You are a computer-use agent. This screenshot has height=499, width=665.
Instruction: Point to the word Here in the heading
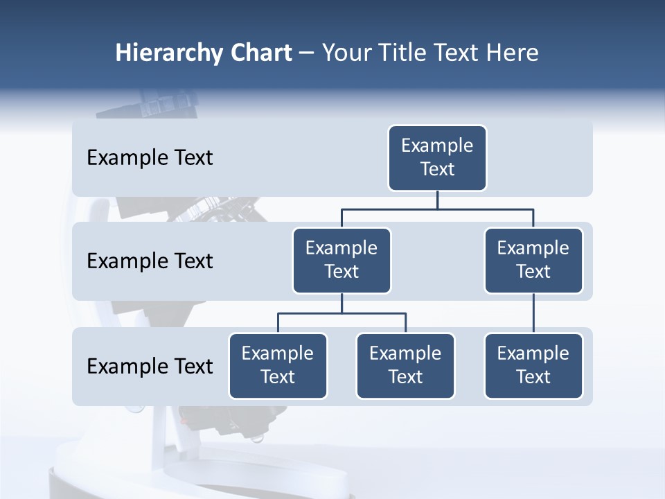coord(512,53)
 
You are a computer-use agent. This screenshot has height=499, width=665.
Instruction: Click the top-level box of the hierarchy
coord(437,158)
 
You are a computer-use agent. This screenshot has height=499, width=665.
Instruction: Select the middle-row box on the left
coord(342,261)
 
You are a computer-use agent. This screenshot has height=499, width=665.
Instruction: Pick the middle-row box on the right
coord(533,261)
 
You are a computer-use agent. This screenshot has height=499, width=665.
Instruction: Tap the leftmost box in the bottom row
coord(278,366)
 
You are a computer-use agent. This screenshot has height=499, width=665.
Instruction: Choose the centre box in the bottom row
coord(405,366)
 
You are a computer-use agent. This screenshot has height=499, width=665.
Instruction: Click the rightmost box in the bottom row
coord(533,366)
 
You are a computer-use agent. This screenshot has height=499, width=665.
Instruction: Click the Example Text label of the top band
coord(150,158)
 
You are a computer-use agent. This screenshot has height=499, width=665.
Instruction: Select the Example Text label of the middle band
coord(150,261)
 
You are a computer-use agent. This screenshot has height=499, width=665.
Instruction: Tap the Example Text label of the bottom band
coord(150,366)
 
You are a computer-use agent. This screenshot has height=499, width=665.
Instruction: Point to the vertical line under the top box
coord(437,200)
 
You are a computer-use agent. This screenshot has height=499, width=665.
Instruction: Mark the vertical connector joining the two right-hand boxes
coord(533,313)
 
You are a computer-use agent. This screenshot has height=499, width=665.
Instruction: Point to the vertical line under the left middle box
coord(342,303)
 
